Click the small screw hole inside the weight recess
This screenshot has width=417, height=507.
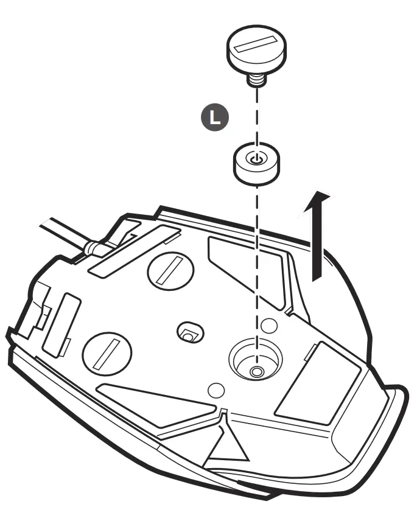(257, 370)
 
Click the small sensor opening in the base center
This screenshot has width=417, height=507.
(189, 333)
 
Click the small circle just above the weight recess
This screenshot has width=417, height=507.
(268, 325)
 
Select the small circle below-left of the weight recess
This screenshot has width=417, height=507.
(216, 390)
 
